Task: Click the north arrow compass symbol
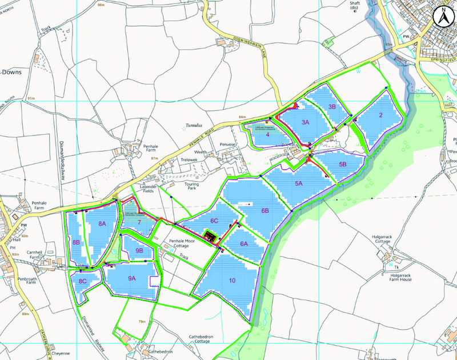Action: pos(442,17)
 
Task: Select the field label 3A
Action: pos(305,122)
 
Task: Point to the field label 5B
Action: pos(343,165)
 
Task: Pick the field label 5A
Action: pos(299,184)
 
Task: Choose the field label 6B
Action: pos(265,211)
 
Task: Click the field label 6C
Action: pos(214,221)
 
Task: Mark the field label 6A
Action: pos(244,244)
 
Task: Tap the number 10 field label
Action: pos(232,281)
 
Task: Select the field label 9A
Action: pos(132,278)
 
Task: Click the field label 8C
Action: pos(82,281)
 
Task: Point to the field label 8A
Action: pos(102,223)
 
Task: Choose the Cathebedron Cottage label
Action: pos(199,341)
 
